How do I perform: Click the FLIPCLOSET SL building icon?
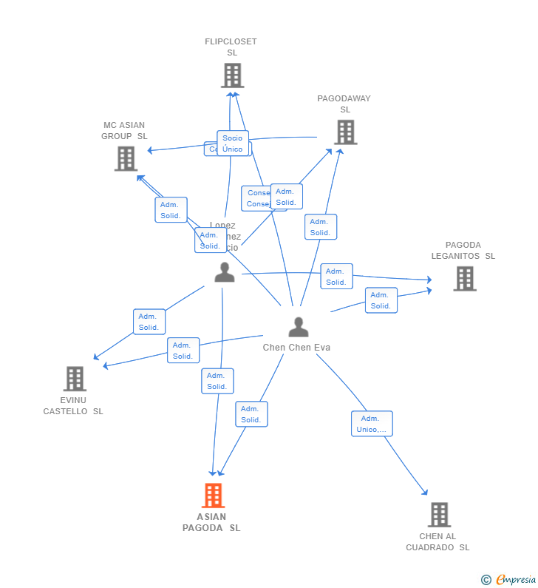232,75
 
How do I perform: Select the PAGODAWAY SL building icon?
345,132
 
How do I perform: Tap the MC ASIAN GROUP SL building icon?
126,158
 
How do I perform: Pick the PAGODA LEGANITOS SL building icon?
464,279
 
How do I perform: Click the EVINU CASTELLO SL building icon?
75,379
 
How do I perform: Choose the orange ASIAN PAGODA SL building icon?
213,496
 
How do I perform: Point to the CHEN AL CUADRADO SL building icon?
439,515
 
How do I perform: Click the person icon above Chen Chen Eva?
298,327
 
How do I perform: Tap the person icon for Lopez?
224,272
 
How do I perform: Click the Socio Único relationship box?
233,143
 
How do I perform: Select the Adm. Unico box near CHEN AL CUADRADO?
372,424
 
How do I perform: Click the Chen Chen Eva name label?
296,348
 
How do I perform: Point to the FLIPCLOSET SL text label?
231,47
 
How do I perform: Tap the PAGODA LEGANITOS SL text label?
463,251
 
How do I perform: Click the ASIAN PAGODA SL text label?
211,522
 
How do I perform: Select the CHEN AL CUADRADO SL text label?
437,542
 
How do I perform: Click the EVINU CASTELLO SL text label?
73,405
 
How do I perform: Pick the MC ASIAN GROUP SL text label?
124,131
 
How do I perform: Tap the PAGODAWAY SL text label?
344,104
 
